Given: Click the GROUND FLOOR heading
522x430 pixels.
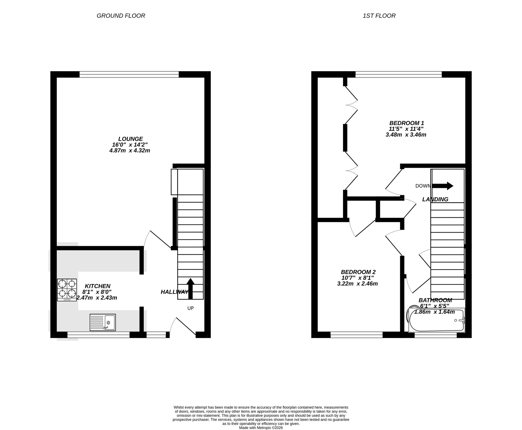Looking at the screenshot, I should [x=121, y=16].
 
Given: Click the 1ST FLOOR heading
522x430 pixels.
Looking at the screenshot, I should [x=379, y=16].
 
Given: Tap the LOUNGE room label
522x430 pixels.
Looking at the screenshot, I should [x=130, y=139].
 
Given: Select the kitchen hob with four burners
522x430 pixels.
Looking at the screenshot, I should [x=67, y=290].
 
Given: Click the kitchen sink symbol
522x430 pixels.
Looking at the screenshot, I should [x=103, y=322].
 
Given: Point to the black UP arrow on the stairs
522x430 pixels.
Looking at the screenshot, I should [x=191, y=288].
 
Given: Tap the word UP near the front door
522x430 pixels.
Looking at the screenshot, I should [x=191, y=308].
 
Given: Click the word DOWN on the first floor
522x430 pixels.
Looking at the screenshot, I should [x=423, y=186].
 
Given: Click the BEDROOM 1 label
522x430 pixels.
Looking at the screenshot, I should [x=407, y=123].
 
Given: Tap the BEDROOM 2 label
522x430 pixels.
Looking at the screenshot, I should [x=358, y=272].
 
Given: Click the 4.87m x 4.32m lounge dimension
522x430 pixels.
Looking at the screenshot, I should [x=130, y=151].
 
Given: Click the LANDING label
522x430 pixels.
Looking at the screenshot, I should [x=435, y=199].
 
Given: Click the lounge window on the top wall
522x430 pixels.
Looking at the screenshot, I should [x=129, y=75].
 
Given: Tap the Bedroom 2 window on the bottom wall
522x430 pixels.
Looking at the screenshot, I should [x=357, y=335].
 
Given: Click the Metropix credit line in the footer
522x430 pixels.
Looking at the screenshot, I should [x=261, y=428].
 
